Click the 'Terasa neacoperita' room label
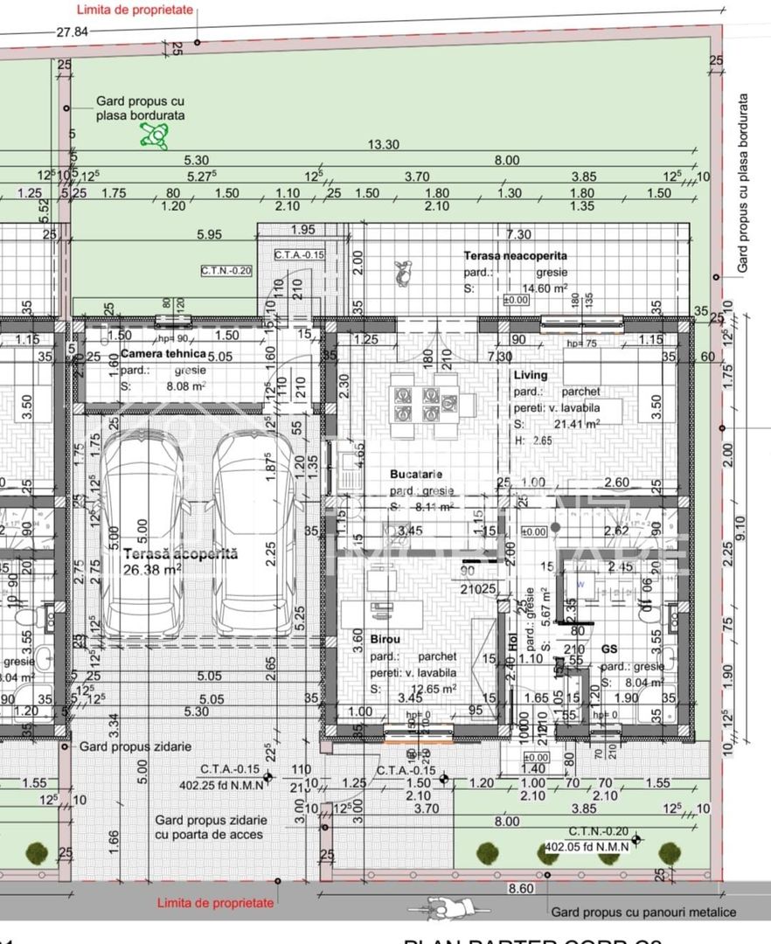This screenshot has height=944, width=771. (x=515, y=256)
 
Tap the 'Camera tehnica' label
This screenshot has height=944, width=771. (x=163, y=354)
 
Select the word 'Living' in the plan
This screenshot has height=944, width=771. (x=531, y=375)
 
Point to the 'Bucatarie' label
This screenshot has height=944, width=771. (x=416, y=475)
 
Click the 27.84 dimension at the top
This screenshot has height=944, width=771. (x=73, y=31)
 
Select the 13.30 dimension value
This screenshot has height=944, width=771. (x=384, y=145)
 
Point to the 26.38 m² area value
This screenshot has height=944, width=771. (x=152, y=568)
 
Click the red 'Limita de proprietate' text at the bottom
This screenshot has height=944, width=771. (x=215, y=903)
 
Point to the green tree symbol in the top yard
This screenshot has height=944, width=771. (x=155, y=135)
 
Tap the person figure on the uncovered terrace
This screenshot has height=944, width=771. (x=402, y=273)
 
